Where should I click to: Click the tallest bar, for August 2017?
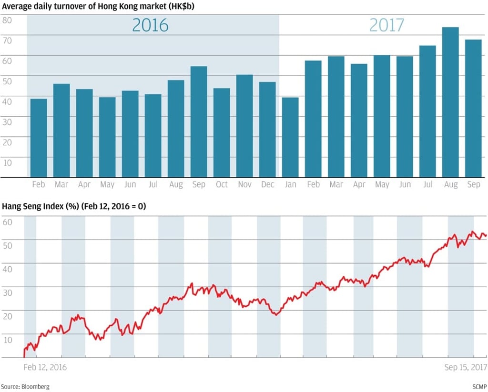[450, 102]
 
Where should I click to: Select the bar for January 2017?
[290, 137]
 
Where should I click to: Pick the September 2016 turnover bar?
[199, 121]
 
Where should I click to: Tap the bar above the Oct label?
[222, 132]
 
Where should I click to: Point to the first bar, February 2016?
[39, 138]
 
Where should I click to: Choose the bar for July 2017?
[427, 111]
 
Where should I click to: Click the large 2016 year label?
[150, 25]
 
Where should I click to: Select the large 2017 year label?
[386, 25]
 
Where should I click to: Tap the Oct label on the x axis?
[222, 184]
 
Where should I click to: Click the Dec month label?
[267, 184]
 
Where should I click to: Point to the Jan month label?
[290, 184]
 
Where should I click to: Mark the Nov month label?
[244, 184]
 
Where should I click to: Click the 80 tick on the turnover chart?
[7, 20]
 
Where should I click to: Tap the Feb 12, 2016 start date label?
[45, 367]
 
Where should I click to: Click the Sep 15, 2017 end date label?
[466, 367]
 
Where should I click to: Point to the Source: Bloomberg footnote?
[25, 387]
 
